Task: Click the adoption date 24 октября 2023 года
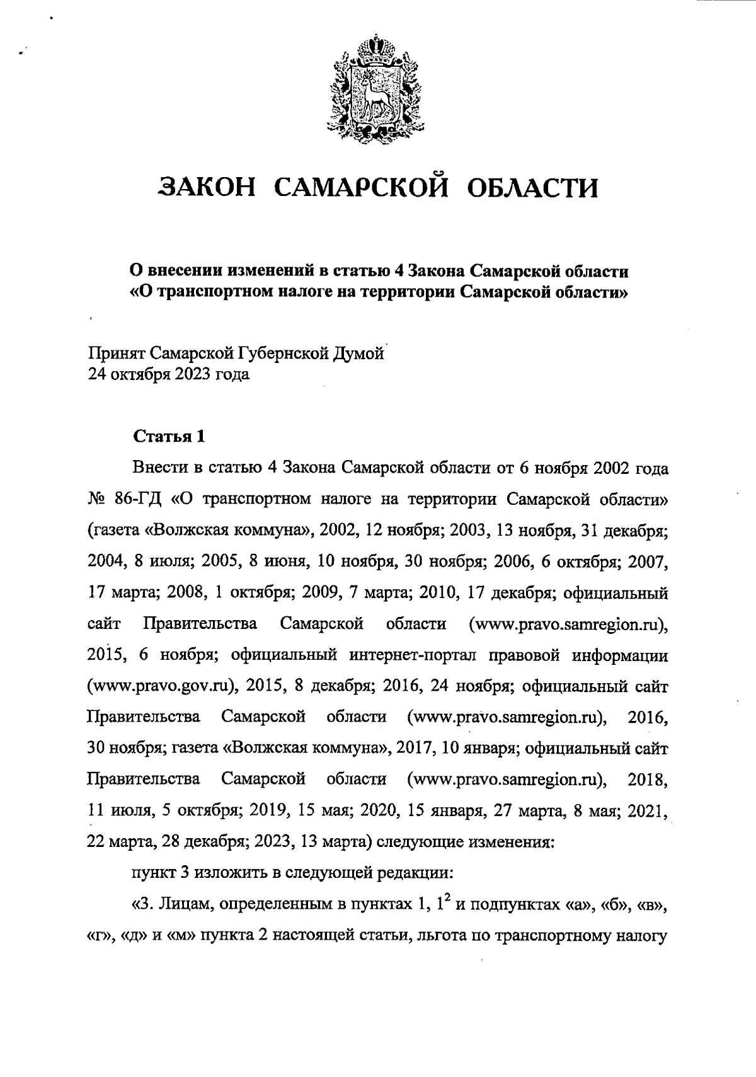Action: pyautogui.click(x=168, y=375)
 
